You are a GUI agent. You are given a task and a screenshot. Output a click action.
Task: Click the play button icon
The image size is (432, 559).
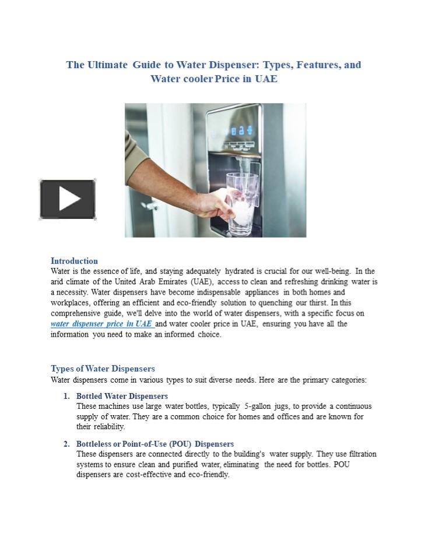[68, 199]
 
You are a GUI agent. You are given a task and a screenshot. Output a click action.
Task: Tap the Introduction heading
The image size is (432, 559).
[74, 261]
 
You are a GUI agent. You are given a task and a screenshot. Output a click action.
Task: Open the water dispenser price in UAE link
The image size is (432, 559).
[101, 324]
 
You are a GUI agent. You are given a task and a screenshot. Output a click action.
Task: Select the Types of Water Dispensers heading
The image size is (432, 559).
[103, 369]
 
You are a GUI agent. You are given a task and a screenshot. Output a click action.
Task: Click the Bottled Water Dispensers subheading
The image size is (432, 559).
[122, 396]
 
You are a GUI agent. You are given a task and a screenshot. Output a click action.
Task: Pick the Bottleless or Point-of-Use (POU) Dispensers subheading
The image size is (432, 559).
[155, 444]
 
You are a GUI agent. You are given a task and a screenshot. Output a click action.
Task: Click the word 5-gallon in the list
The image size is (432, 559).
[258, 406]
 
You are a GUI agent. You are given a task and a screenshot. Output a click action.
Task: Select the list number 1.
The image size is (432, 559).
[66, 396]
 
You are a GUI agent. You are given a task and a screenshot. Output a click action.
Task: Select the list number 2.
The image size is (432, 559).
[66, 444]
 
